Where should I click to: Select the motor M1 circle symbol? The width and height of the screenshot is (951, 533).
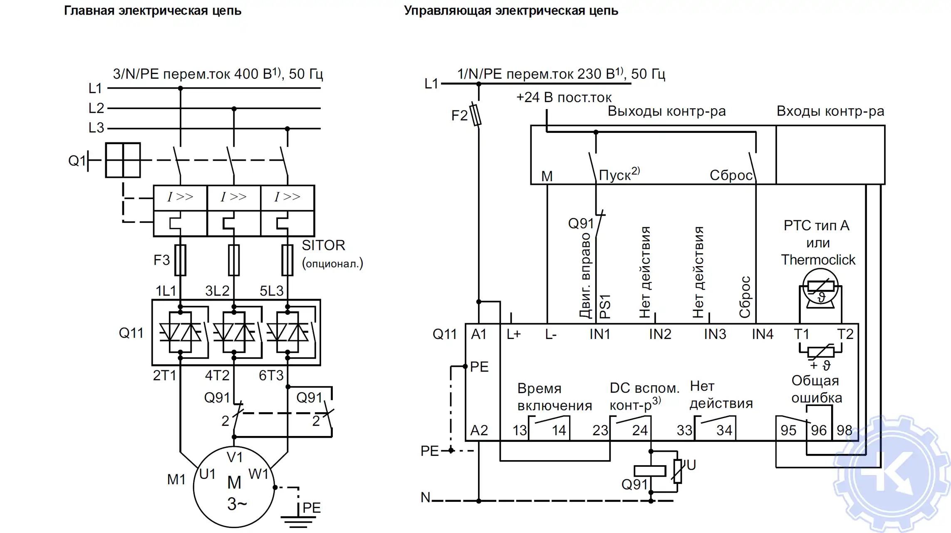[x=234, y=487]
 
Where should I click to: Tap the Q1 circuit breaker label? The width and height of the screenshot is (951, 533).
[x=77, y=160]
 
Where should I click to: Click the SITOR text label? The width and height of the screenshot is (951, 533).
[x=323, y=245]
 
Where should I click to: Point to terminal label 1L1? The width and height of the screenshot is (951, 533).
[x=166, y=291]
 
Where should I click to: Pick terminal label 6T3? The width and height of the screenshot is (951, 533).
[x=271, y=376]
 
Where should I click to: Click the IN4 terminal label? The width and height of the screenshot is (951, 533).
[x=762, y=334]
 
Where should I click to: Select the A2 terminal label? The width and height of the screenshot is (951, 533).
[x=479, y=430]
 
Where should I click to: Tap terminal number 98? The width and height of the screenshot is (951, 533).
[x=844, y=430]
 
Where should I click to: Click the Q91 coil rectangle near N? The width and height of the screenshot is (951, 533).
[x=649, y=471]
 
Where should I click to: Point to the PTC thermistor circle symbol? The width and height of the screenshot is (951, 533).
[x=820, y=286]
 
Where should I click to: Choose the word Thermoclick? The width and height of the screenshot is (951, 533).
[x=818, y=260]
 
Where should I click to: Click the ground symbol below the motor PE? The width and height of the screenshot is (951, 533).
[x=298, y=521]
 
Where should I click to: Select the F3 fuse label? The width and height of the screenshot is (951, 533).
[x=161, y=260]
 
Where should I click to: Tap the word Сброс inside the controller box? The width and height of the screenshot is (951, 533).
[x=731, y=175]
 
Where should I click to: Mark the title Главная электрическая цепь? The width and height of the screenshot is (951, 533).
[x=152, y=10]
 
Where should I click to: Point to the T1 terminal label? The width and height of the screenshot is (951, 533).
[x=801, y=334]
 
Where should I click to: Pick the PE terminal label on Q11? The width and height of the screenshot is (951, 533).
[x=479, y=367]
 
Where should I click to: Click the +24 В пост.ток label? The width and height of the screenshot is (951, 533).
[x=564, y=97]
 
